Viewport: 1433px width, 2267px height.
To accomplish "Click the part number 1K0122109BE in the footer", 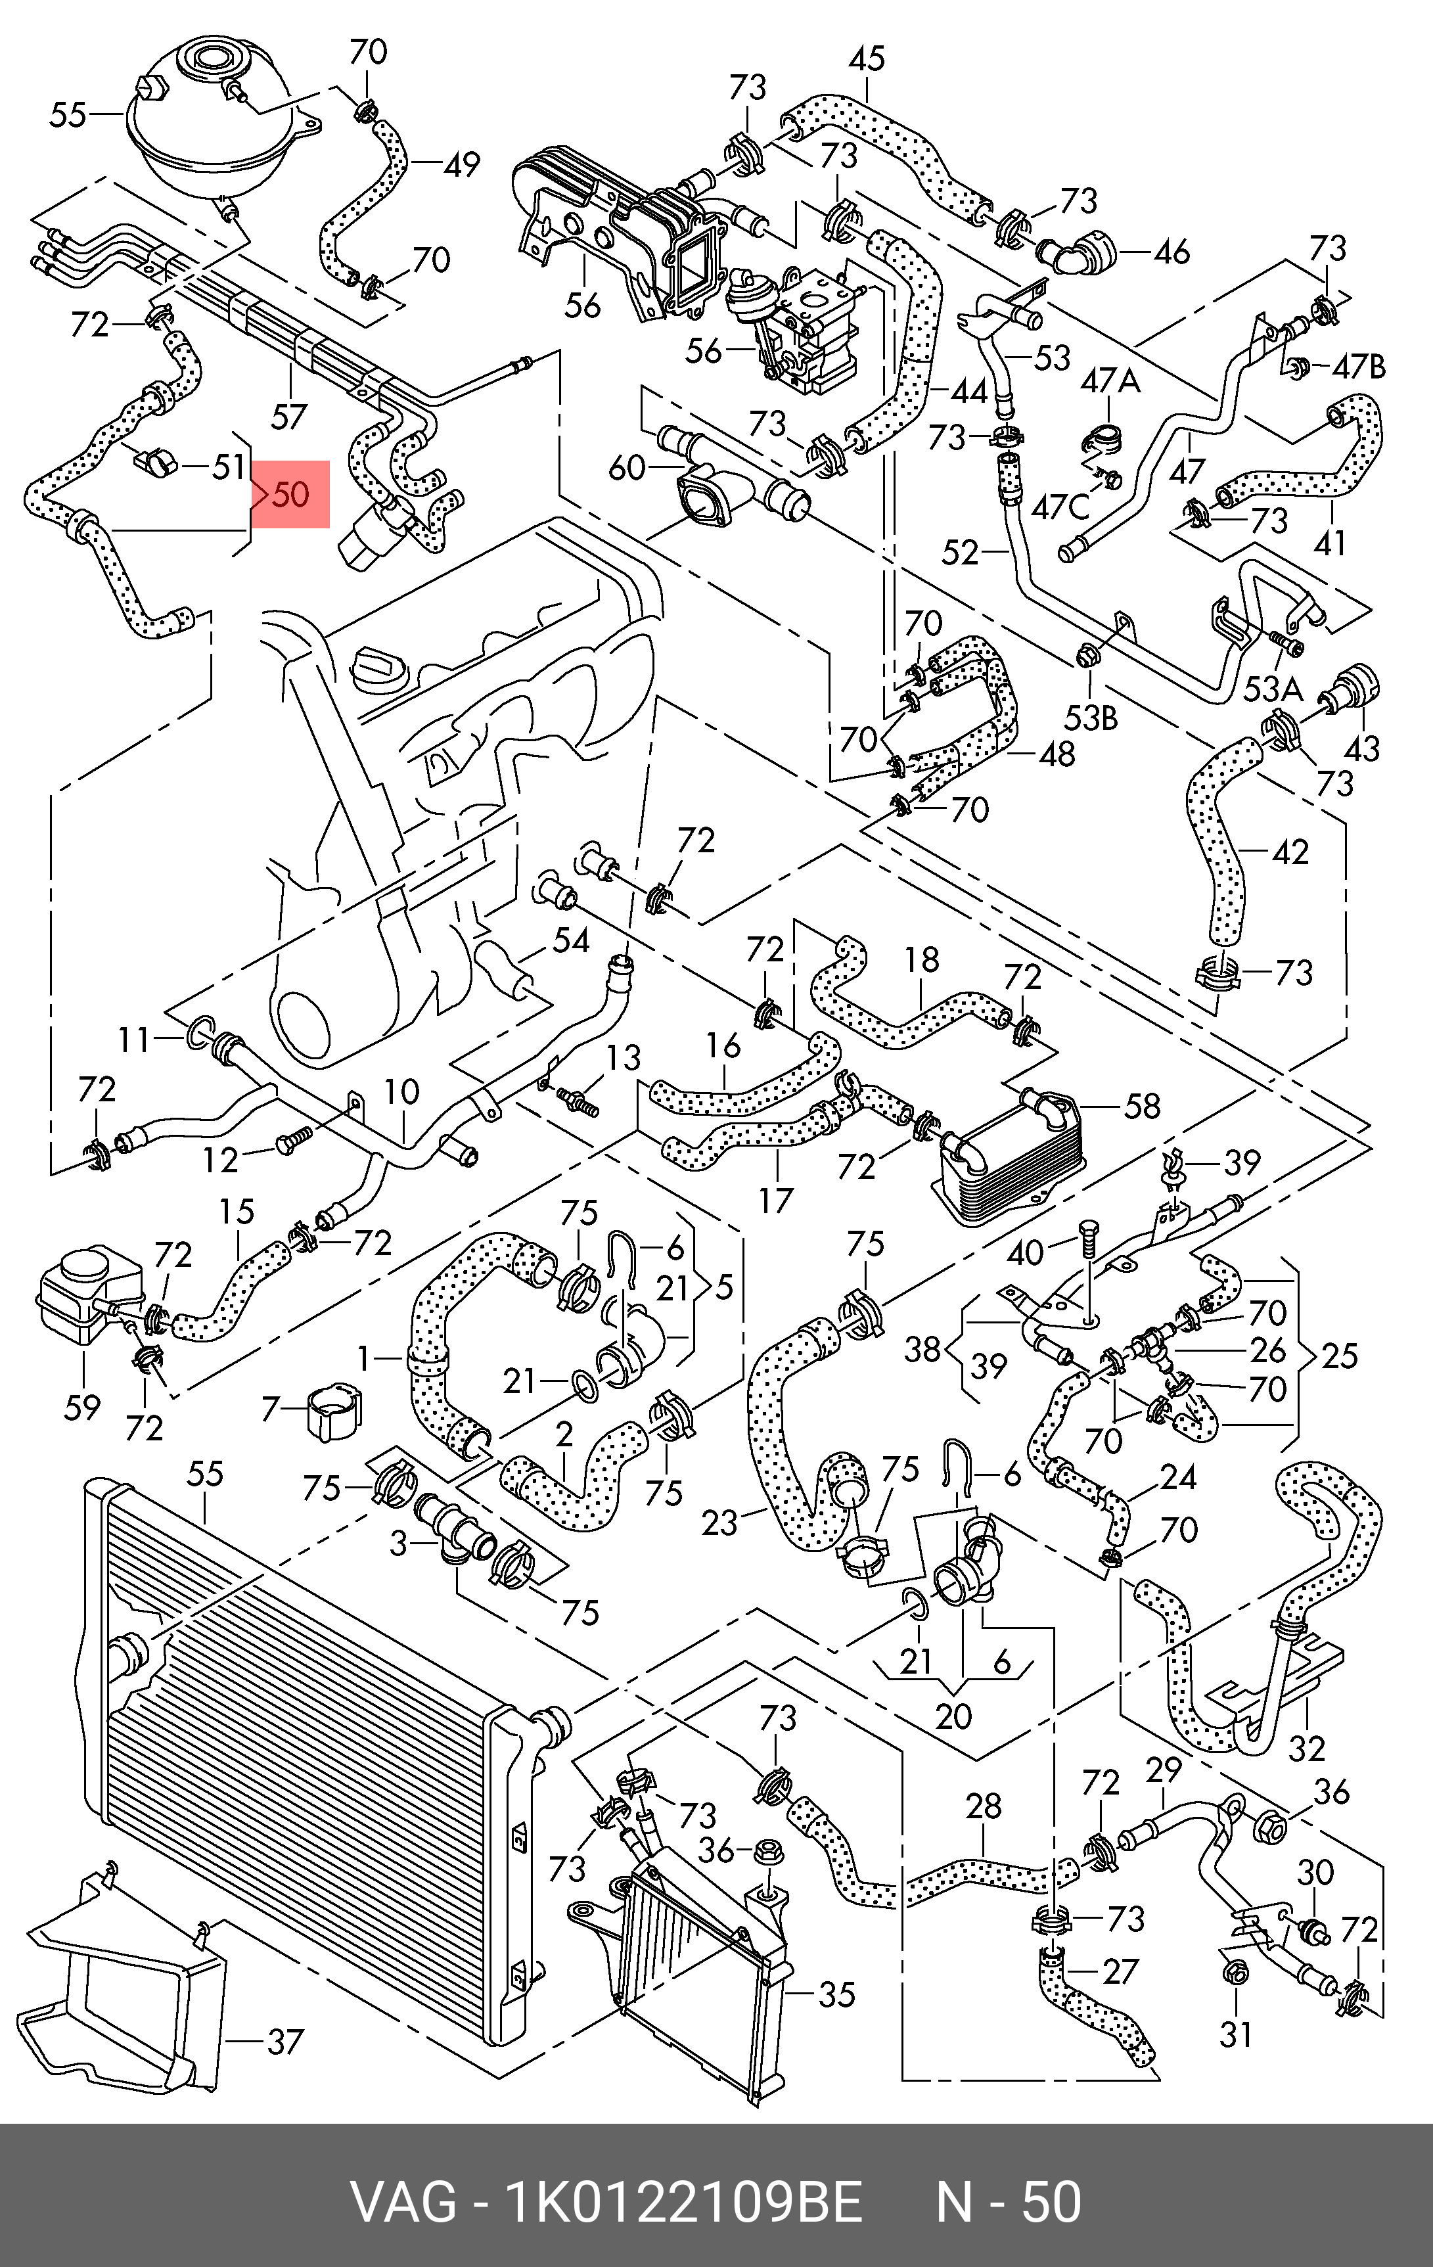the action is pyautogui.click(x=685, y=2175).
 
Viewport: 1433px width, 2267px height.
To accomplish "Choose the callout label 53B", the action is pyautogui.click(x=1091, y=718).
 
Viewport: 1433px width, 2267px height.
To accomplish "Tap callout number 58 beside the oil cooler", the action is pyautogui.click(x=1142, y=1105).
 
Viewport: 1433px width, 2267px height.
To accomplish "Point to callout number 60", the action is pyautogui.click(x=627, y=467).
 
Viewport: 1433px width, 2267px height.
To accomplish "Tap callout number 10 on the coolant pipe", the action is pyautogui.click(x=402, y=1092).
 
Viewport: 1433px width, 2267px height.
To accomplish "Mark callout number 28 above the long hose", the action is pyautogui.click(x=984, y=1806).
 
